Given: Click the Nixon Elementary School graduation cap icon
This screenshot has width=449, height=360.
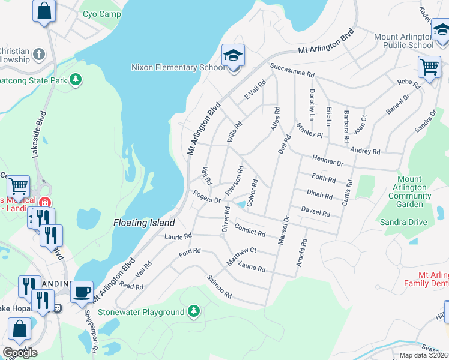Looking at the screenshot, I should pyautogui.click(x=233, y=56).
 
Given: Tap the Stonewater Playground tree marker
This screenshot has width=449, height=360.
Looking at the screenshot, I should pyautogui.click(x=193, y=311).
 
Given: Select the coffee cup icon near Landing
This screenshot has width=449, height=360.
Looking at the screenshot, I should pyautogui.click(x=82, y=292).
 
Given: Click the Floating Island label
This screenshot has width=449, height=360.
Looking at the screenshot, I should pyautogui.click(x=140, y=223).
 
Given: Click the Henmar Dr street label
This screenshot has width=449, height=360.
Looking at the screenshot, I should pyautogui.click(x=328, y=160).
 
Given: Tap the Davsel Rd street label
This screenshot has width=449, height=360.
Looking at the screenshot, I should pyautogui.click(x=316, y=211).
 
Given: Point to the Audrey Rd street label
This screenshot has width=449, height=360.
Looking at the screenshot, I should pyautogui.click(x=365, y=150).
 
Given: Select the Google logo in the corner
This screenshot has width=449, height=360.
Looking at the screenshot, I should pyautogui.click(x=19, y=352).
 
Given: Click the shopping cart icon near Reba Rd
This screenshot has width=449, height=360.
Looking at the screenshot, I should pyautogui.click(x=429, y=67).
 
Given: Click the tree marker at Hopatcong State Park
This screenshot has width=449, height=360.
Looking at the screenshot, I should pyautogui.click(x=76, y=79).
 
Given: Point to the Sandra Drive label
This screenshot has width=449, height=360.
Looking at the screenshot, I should pyautogui.click(x=403, y=222).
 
